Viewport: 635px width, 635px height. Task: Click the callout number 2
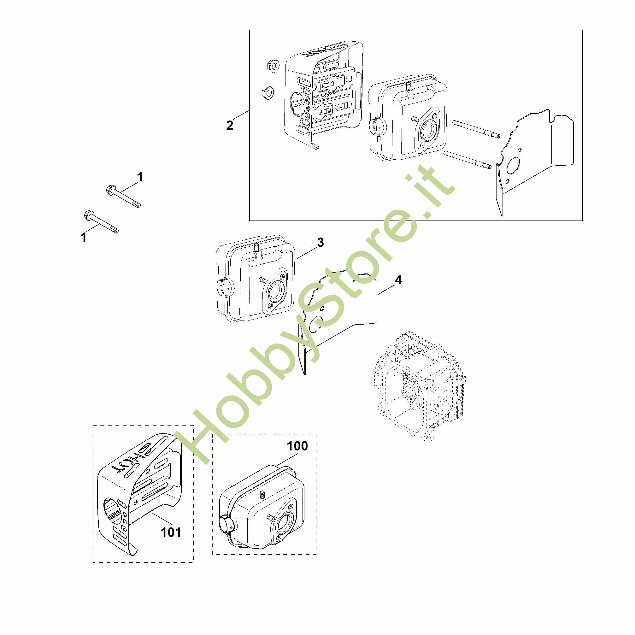tap(229, 125)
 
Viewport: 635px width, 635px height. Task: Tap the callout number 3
tap(320, 243)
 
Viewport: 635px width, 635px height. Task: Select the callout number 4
tap(398, 280)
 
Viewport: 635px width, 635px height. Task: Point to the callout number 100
tap(297, 446)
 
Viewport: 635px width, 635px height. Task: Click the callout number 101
tap(171, 532)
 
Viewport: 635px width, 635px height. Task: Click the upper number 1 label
tap(140, 177)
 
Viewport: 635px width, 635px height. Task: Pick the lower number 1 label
tap(84, 238)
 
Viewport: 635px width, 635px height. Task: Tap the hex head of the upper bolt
tap(111, 190)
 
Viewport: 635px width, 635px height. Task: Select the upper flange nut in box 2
tap(273, 64)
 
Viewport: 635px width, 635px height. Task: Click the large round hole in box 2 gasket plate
tap(513, 166)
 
